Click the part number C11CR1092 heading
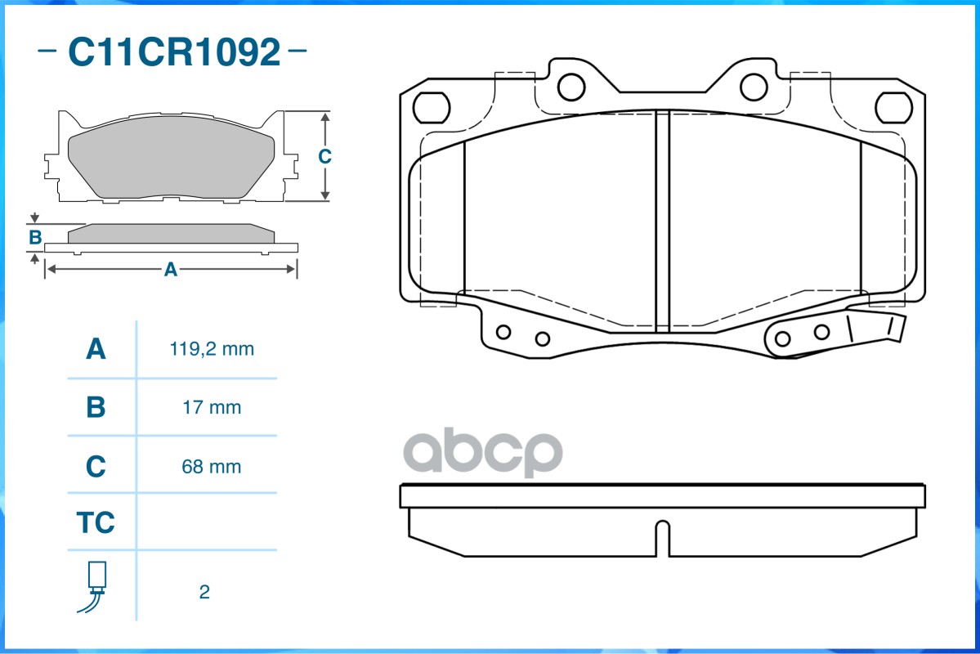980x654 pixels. point(174,52)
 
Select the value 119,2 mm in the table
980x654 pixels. point(212,349)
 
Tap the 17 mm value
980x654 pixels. point(212,408)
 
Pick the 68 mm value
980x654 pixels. point(211,467)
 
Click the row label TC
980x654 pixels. point(96,522)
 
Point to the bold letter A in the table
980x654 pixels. point(96,349)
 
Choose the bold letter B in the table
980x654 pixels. point(96,407)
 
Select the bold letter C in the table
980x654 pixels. point(96,467)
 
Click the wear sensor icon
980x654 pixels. point(93,587)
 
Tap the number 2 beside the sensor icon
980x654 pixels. point(204,592)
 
